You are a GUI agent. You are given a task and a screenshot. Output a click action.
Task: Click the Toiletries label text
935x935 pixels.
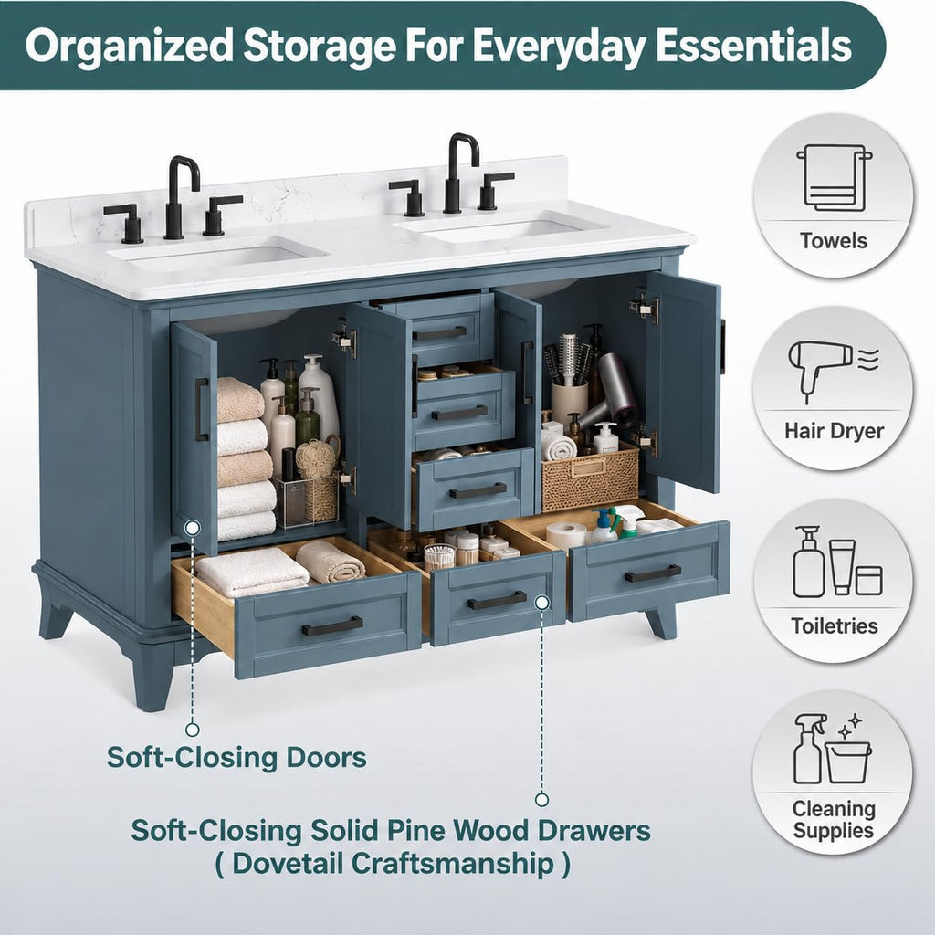pos(835,625)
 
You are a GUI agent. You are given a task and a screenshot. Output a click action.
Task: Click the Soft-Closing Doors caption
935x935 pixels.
pos(236,757)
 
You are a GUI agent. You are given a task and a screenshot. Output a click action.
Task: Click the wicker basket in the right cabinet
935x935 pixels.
pos(590,475)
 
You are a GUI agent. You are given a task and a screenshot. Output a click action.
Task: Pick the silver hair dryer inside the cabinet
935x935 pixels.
pos(609,391)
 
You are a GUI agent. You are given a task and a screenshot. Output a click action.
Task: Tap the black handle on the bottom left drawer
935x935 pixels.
pos(332,626)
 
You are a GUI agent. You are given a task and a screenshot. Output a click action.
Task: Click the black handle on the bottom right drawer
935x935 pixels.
pos(653,573)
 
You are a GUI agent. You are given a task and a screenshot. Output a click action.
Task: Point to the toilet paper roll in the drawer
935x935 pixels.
pos(565,534)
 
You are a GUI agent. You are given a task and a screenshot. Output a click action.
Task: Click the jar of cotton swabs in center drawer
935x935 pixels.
pos(439,556)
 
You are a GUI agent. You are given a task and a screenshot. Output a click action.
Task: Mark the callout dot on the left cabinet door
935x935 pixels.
pos(192,527)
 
